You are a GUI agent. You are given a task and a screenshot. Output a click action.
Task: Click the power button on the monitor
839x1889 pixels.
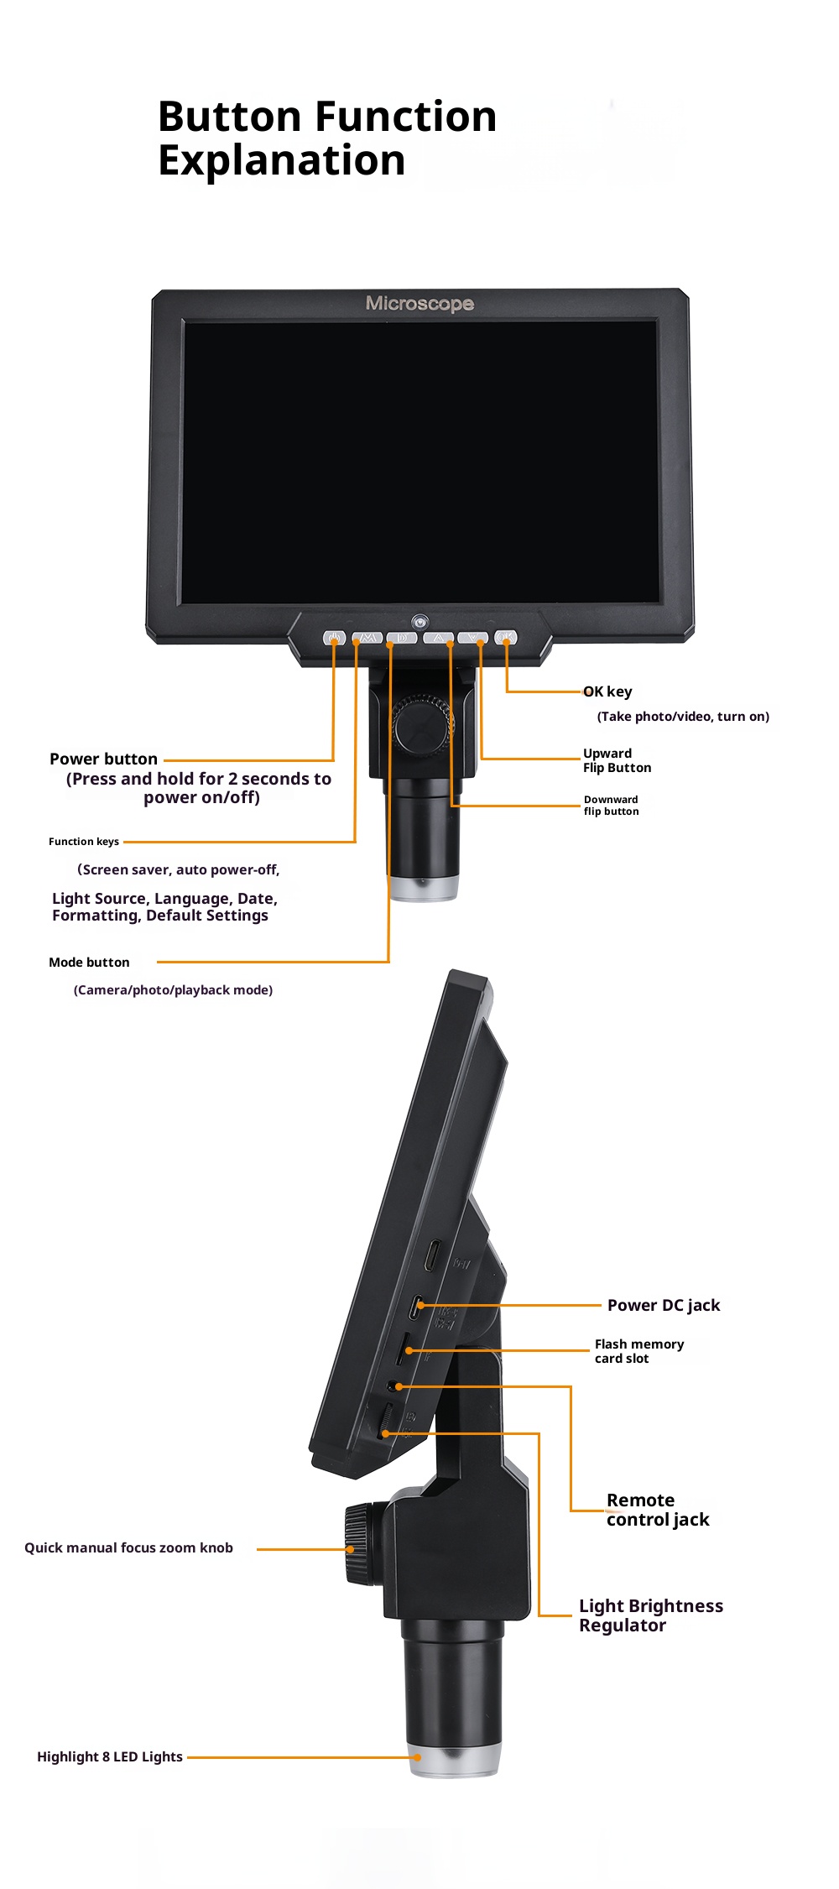(334, 638)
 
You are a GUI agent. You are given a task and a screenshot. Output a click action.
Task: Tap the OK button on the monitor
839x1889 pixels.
(506, 638)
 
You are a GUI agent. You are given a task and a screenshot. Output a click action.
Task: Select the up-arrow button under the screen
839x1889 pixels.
(438, 638)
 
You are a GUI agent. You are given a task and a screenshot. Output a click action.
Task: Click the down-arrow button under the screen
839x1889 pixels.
(473, 638)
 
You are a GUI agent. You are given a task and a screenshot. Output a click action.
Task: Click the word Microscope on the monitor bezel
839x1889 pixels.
(419, 304)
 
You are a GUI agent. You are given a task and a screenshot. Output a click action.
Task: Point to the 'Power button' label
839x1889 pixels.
(103, 759)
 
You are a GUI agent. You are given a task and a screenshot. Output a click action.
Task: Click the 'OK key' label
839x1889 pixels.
(607, 691)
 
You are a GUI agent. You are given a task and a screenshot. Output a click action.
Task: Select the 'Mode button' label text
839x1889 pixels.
(89, 963)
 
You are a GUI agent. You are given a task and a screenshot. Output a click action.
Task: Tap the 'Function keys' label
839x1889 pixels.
(84, 842)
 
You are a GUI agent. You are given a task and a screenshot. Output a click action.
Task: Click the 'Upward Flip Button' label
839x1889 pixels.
(617, 760)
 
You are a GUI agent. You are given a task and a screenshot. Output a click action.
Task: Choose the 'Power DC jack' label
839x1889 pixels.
(664, 1305)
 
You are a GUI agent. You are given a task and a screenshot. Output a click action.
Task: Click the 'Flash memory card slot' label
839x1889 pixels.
(639, 1351)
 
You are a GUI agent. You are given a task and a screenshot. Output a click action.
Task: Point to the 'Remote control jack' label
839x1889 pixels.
(658, 1510)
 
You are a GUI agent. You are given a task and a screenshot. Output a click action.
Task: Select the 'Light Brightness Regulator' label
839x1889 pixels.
(651, 1615)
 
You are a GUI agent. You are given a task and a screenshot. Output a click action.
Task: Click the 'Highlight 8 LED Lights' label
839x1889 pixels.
(110, 1756)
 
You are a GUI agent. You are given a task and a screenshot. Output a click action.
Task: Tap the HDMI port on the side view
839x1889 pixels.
(433, 1255)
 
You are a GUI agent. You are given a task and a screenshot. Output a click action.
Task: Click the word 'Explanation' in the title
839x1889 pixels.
(282, 161)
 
